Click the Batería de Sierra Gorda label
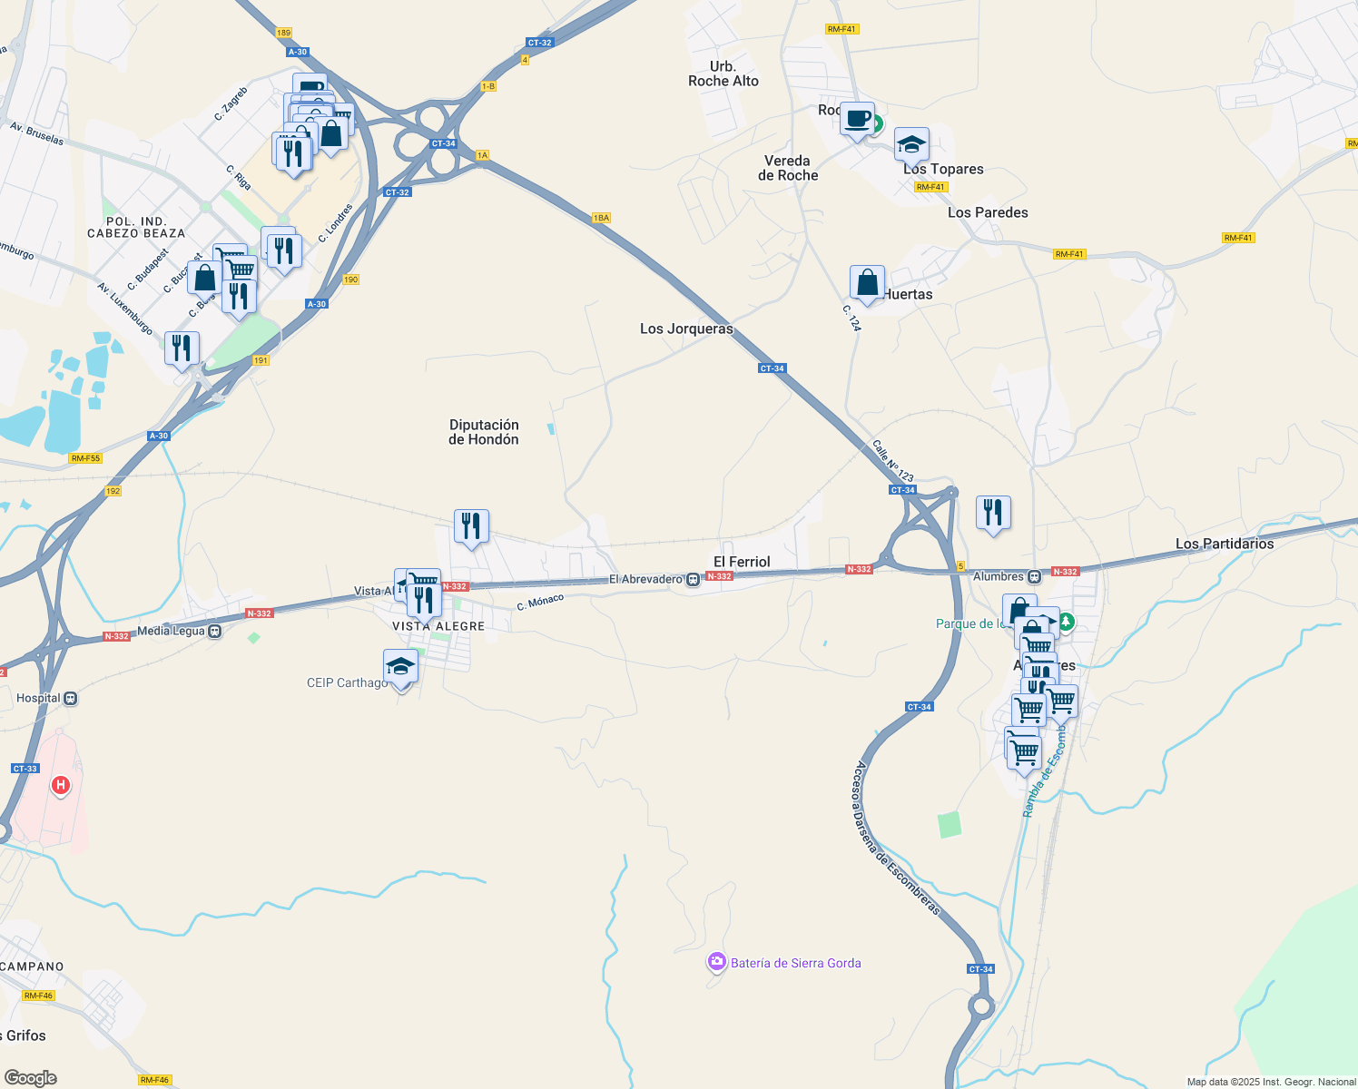(795, 963)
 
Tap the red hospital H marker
(61, 784)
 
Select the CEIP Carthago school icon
(400, 667)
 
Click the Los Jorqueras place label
(686, 329)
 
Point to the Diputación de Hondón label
(484, 432)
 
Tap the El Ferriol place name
(742, 562)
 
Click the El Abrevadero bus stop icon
(694, 580)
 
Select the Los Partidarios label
(1225, 544)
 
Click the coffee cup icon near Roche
(857, 119)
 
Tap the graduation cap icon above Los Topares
(911, 144)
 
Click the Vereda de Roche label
(788, 168)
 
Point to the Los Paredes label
(988, 212)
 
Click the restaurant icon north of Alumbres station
(993, 512)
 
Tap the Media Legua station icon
(215, 632)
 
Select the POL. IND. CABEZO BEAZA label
(136, 227)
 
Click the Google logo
(30, 1078)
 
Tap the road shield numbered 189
(283, 33)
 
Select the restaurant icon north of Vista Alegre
(471, 525)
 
